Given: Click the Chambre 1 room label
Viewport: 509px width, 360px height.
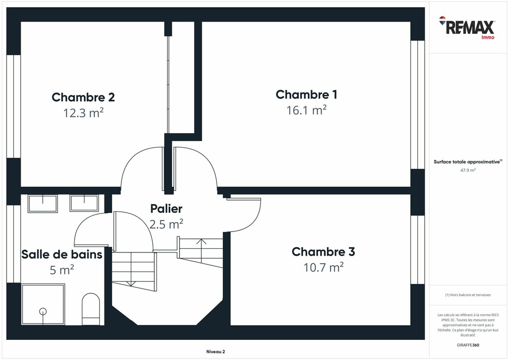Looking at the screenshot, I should click(x=306, y=95).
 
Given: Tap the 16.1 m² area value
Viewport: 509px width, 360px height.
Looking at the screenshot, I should click(x=306, y=110).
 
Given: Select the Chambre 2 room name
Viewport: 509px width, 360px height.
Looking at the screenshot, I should click(x=83, y=97).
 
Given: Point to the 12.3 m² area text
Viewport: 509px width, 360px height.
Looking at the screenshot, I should click(x=83, y=113).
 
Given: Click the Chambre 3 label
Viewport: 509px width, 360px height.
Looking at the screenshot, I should click(x=323, y=252).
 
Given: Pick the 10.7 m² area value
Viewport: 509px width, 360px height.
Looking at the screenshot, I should click(x=323, y=267).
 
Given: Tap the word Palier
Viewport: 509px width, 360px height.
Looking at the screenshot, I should click(x=166, y=209).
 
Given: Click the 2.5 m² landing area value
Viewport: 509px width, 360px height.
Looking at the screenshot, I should click(x=166, y=224).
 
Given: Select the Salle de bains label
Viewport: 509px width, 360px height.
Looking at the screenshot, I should click(x=62, y=254).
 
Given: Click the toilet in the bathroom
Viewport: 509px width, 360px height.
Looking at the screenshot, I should click(x=91, y=309).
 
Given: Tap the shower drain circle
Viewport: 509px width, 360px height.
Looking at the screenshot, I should click(x=43, y=311).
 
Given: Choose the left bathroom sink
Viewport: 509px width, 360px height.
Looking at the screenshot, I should click(x=43, y=203).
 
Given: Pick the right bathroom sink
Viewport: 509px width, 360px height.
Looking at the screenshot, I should click(x=84, y=203).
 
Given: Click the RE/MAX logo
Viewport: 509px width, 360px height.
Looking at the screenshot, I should click(x=467, y=27).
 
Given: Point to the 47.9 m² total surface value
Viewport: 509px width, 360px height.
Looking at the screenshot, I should click(x=468, y=170).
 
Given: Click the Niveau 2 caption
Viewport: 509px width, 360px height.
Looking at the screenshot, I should click(x=215, y=352).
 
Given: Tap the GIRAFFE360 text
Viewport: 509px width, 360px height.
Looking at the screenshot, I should click(x=468, y=344).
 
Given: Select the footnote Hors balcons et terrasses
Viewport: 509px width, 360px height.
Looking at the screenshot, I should click(x=468, y=295).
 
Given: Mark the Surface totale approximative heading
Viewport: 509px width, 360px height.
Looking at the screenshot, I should click(x=467, y=161).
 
